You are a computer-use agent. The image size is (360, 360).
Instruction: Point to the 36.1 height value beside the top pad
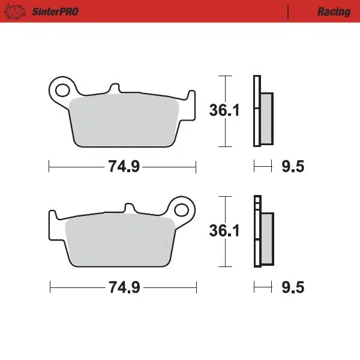pos(224,111)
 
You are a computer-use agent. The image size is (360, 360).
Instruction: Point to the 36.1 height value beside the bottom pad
pos(224,231)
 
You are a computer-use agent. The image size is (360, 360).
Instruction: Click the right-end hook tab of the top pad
pos(191,97)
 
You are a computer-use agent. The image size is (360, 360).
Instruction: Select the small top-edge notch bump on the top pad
pos(114,89)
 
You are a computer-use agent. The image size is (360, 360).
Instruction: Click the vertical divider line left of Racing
pos(289,12)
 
